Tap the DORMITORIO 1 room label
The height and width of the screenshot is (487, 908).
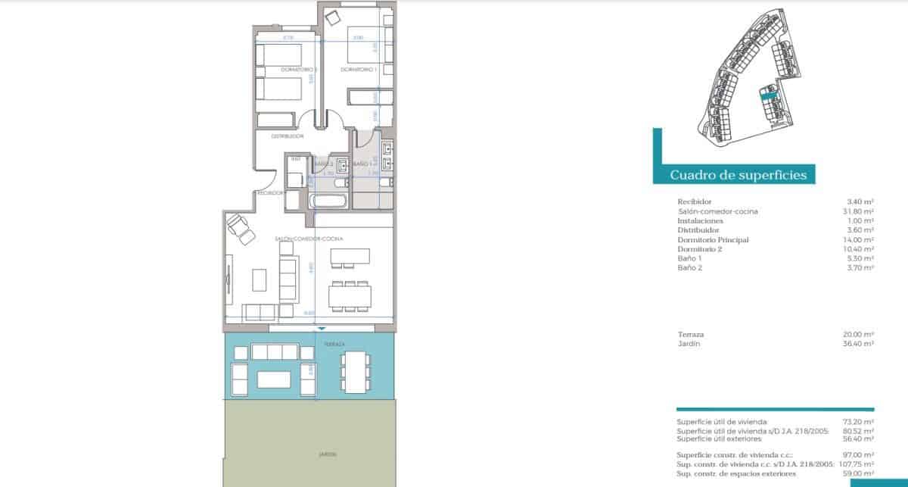click(359, 70)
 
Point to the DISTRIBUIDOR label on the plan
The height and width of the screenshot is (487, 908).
click(288, 136)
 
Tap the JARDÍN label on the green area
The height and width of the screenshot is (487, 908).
click(327, 454)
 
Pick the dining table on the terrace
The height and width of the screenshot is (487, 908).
click(353, 372)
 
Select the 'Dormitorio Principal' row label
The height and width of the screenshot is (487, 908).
click(702, 239)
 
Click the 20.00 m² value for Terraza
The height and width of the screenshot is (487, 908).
click(860, 334)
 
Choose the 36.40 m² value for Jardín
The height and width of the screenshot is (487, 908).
click(860, 344)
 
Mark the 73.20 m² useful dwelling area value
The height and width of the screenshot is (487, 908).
click(860, 421)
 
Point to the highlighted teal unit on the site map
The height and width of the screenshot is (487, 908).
click(769, 96)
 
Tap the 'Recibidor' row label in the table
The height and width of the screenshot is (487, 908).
click(694, 201)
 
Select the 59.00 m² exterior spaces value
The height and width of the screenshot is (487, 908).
click(860, 473)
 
